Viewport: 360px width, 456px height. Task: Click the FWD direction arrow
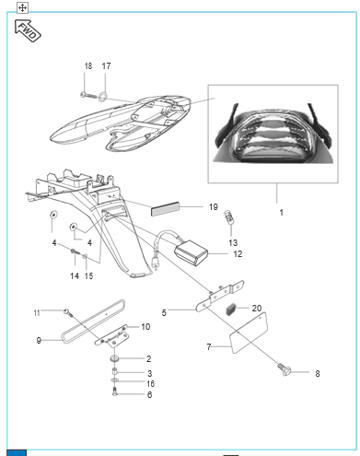tap(28, 30)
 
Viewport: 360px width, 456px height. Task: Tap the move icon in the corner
tap(22, 7)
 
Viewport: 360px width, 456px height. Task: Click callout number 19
tap(214, 207)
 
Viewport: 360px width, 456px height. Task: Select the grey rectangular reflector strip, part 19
tap(165, 209)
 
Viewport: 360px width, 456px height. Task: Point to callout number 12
tap(238, 254)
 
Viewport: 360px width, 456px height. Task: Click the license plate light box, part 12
tap(191, 252)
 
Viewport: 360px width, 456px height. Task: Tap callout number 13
tap(233, 243)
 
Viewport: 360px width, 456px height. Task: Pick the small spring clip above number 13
tap(228, 217)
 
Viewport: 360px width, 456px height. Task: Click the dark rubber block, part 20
tap(230, 310)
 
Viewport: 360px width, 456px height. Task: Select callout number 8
tap(318, 373)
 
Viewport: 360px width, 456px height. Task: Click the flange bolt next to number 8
tap(285, 369)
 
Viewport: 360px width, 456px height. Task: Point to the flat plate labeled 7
tap(249, 333)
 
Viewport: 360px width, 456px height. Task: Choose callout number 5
tap(164, 313)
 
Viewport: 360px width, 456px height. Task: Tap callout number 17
tap(106, 66)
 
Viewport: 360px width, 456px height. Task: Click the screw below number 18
tap(88, 95)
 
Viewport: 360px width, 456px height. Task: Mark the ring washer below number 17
tap(103, 97)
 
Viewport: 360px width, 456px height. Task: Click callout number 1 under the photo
tap(282, 213)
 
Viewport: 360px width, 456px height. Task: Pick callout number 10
tap(145, 327)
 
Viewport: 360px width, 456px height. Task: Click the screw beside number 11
tap(69, 314)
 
